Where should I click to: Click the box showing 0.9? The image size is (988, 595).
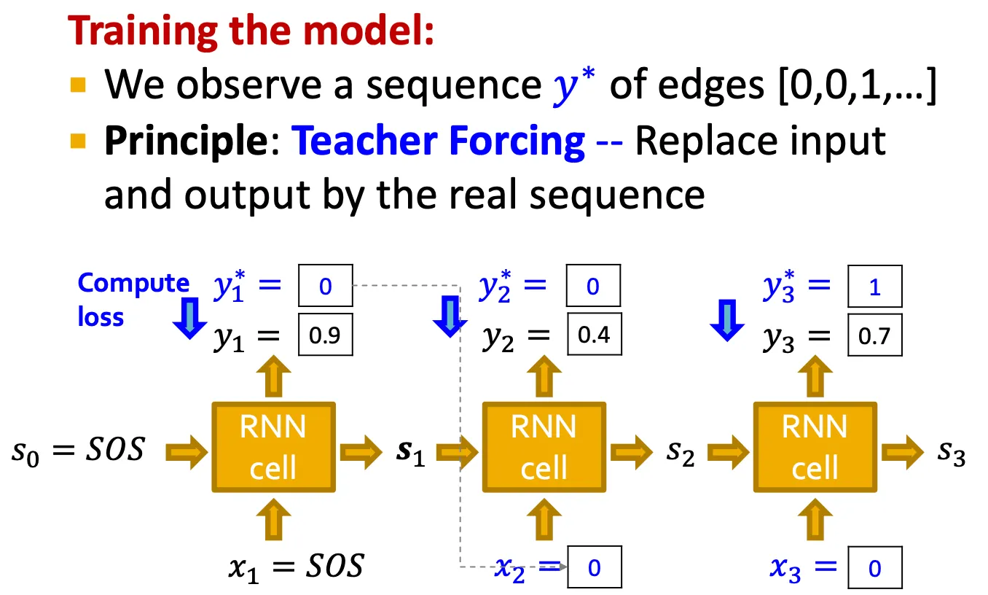pyautogui.click(x=325, y=336)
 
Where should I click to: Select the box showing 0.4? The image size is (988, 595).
pyautogui.click(x=594, y=335)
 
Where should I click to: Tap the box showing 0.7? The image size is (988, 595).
pyautogui.click(x=874, y=335)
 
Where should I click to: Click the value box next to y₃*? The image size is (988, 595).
pyautogui.click(x=874, y=287)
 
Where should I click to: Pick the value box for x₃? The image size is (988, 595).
pyautogui.click(x=874, y=567)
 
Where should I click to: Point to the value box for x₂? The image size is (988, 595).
pyautogui.click(x=594, y=567)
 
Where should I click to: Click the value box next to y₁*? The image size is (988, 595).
pyautogui.click(x=325, y=287)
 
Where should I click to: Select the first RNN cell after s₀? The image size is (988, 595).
pyautogui.click(x=273, y=446)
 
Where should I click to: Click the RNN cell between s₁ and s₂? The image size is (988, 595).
pyautogui.click(x=544, y=446)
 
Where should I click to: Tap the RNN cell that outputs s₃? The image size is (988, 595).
pyautogui.click(x=815, y=446)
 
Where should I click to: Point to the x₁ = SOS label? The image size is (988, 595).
pyautogui.click(x=295, y=567)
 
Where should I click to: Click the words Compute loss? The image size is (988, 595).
pyautogui.click(x=133, y=299)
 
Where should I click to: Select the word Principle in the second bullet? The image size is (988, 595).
pyautogui.click(x=184, y=140)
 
